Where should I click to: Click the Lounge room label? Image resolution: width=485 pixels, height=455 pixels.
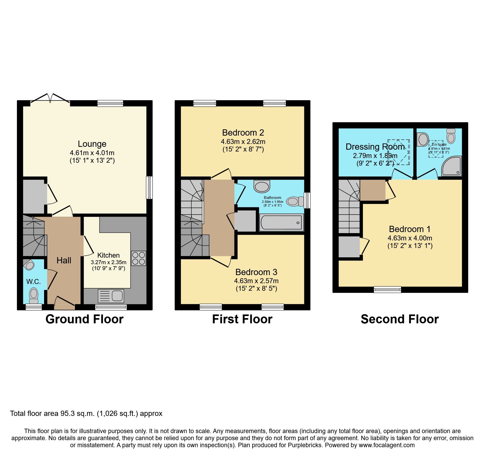(x=92, y=144)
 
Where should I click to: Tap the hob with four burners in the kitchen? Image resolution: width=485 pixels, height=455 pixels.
(x=138, y=258)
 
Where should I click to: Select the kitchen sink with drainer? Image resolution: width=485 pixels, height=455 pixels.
(x=111, y=296)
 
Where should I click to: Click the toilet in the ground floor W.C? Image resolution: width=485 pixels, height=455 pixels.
(x=34, y=294)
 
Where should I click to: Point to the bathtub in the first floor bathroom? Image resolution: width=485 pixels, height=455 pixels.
(x=281, y=222)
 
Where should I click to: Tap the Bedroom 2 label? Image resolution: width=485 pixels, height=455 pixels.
(x=243, y=133)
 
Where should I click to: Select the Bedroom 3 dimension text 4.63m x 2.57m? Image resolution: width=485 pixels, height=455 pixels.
(x=256, y=281)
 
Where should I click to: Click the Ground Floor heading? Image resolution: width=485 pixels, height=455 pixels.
(x=84, y=319)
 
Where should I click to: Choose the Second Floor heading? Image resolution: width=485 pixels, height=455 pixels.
(x=400, y=319)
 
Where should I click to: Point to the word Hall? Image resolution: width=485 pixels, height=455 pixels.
(x=64, y=260)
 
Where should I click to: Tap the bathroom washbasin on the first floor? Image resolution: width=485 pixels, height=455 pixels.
(x=262, y=186)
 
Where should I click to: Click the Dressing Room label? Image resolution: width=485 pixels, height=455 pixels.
(x=375, y=147)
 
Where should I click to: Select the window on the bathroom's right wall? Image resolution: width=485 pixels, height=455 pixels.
(x=307, y=200)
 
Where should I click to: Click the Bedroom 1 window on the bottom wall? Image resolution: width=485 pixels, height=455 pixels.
(x=387, y=289)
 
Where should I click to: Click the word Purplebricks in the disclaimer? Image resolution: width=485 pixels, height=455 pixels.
(x=305, y=445)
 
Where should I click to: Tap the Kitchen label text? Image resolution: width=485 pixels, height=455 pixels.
(x=108, y=255)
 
